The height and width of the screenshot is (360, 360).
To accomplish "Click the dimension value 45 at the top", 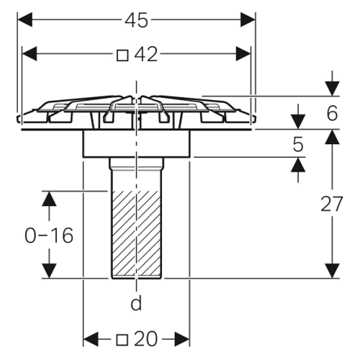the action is pos(136,20).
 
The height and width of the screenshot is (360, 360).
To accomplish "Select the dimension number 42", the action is pos(145,54).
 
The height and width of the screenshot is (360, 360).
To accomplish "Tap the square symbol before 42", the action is pos(122,55).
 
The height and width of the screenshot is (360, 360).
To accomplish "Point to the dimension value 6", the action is pos(332,113).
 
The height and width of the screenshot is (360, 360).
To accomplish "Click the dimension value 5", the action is pos(298,145).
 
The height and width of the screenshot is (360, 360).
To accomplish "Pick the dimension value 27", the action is pos(332,204).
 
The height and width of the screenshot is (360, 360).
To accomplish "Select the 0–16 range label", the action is pos(49,235).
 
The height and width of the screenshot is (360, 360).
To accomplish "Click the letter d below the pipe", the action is pos(136,303).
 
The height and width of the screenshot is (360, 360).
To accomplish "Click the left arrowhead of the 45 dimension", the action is pos(25,19).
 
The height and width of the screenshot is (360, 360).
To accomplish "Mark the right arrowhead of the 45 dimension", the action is pos(248,19).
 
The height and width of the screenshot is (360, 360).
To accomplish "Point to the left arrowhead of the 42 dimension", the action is pos(30,53).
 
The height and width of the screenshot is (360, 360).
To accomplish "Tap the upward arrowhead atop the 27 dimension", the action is pos(332,137).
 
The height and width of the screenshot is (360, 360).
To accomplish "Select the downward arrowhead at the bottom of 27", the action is pos(332,271).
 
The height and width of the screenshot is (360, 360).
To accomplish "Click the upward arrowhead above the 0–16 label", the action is pos(49,199).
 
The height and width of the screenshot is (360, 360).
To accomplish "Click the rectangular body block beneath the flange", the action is pos(137,144).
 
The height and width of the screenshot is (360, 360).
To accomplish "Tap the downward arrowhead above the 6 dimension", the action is pos(332,89).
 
